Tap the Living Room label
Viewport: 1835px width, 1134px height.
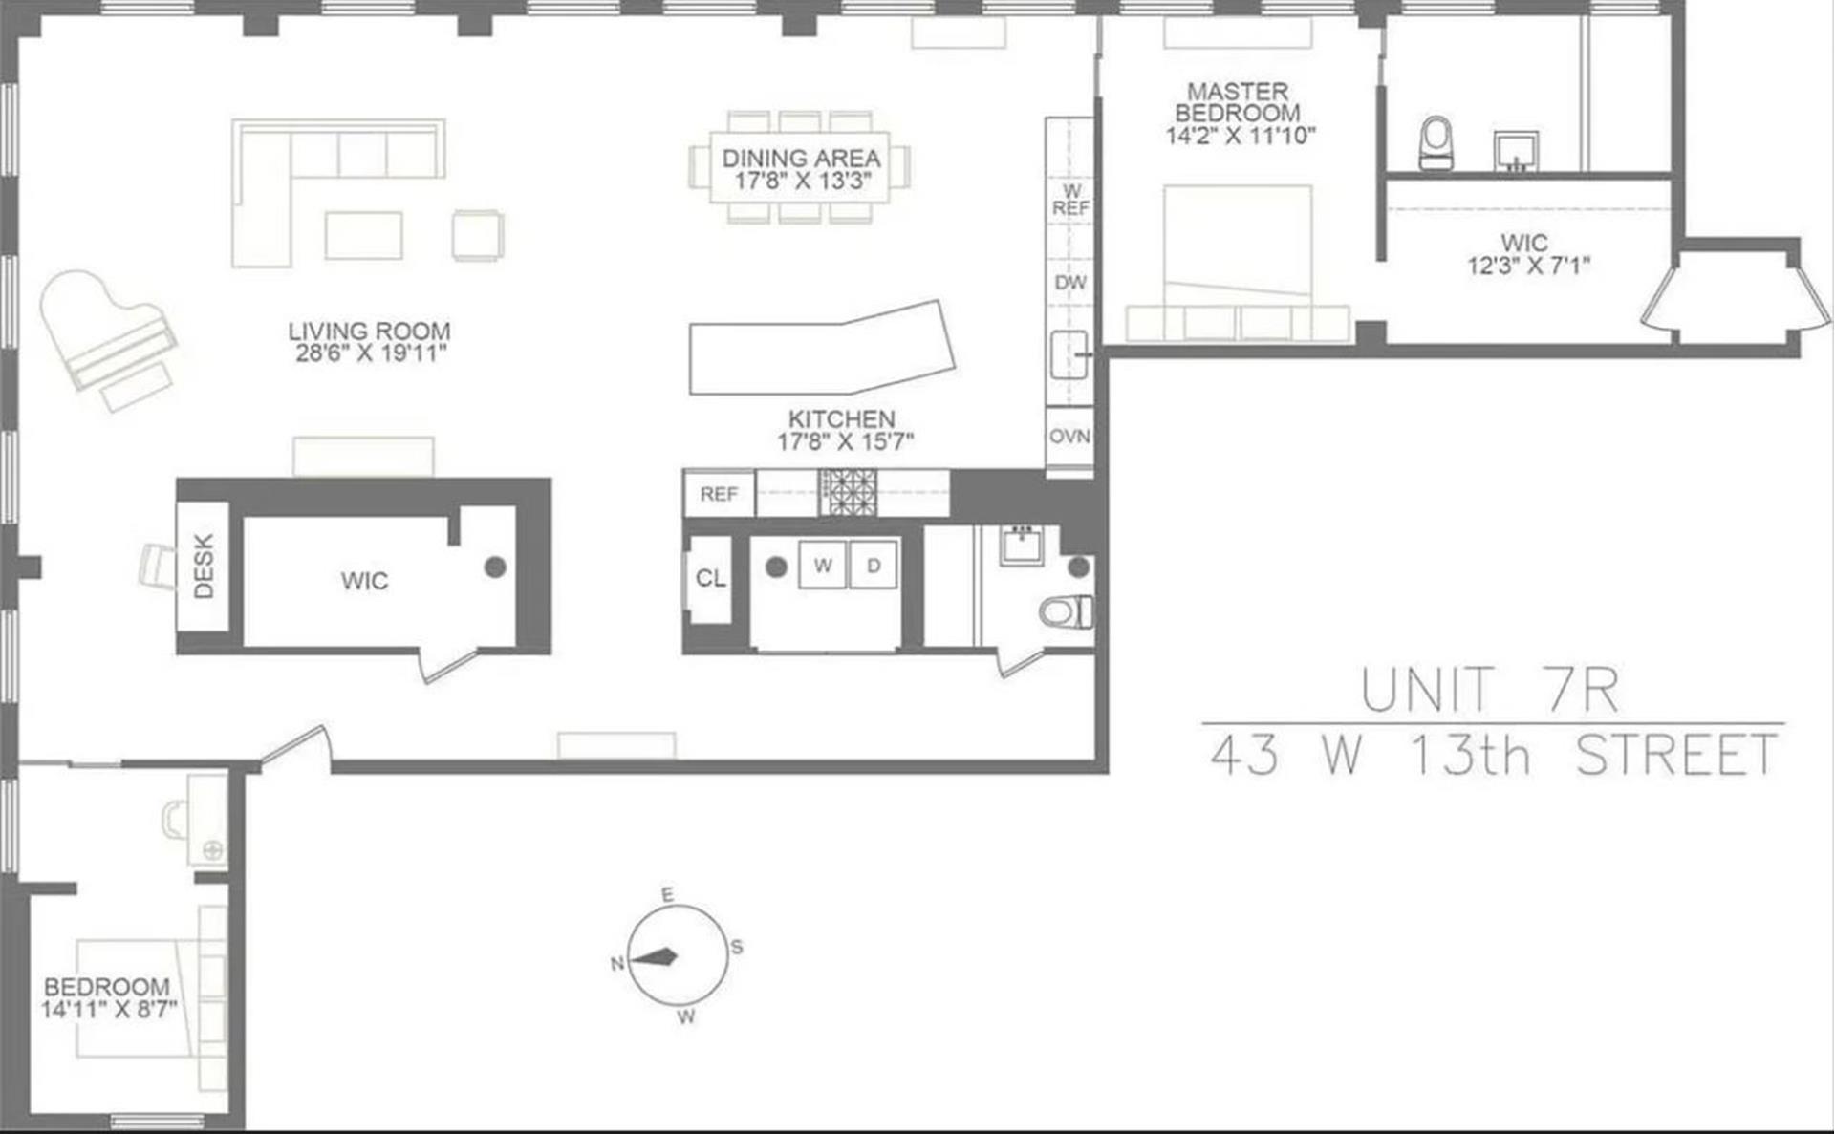(369, 332)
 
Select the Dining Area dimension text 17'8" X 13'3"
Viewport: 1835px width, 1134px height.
(801, 182)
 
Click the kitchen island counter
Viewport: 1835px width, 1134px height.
(822, 349)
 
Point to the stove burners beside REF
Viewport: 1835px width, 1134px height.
(847, 492)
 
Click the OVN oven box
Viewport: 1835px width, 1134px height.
(1069, 437)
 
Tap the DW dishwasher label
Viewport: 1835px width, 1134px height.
(1069, 283)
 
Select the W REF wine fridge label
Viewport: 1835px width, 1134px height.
(1070, 200)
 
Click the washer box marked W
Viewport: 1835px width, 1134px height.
(822, 566)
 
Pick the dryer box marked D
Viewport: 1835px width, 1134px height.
(873, 566)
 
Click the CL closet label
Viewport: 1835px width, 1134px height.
(710, 578)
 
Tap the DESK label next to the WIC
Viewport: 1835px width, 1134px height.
(204, 567)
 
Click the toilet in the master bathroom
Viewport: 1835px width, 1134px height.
(1436, 142)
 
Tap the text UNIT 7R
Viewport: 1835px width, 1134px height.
(1489, 690)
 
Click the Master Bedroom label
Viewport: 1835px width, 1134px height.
(1238, 102)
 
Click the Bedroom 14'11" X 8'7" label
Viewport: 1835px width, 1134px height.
(107, 998)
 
